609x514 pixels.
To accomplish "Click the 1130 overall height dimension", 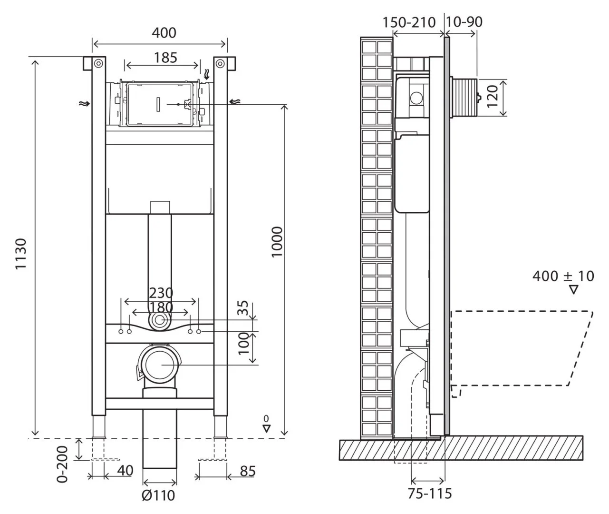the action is (21, 254).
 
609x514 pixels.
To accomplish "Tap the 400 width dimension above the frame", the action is (164, 33).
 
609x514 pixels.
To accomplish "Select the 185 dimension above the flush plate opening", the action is (165, 58).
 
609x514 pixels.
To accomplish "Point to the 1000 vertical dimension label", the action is (277, 242).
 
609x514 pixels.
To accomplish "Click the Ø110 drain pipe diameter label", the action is (158, 495).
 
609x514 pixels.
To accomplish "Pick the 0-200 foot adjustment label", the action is (62, 465).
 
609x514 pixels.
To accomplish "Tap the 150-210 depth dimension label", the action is (409, 22).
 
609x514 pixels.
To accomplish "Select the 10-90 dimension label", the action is (464, 22).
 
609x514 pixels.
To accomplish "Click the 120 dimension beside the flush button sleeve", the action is (492, 96).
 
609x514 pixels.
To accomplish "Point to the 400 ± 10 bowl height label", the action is (563, 276).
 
